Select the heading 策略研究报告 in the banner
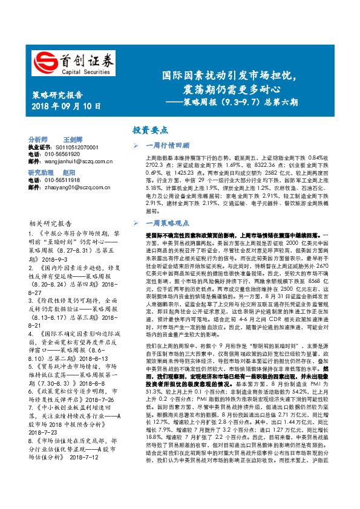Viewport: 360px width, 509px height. point(56,95)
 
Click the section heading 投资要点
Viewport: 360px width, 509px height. point(151,130)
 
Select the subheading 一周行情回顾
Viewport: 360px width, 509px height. point(168,146)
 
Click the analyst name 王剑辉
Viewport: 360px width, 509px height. point(74,138)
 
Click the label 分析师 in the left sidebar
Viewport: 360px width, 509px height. point(38,138)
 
